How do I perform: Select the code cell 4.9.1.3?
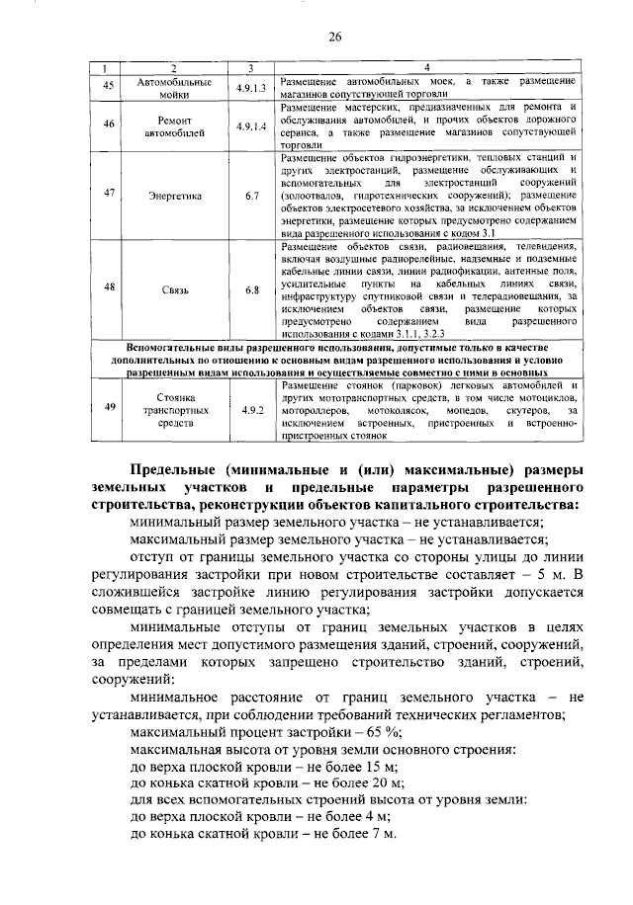(251, 87)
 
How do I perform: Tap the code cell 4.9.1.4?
(251, 127)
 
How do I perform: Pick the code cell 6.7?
(251, 196)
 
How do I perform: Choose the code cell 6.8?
(251, 288)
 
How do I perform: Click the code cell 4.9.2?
(251, 407)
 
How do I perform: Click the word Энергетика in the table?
(175, 196)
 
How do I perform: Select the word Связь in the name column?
(175, 289)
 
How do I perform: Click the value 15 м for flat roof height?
(380, 767)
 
